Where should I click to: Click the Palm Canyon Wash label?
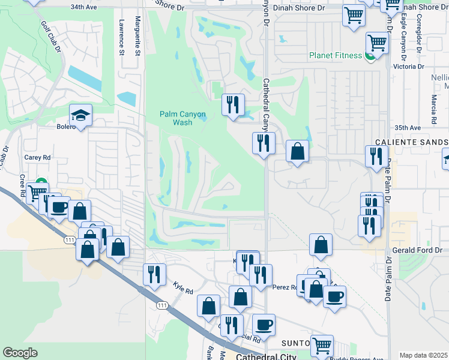[182, 118]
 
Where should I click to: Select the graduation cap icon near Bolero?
[80, 116]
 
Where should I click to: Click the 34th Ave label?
[83, 7]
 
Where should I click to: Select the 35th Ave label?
[408, 128]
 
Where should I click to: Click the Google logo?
[20, 352]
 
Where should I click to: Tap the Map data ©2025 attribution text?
[424, 355]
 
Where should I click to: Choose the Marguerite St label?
[137, 36]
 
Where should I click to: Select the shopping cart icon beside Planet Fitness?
[377, 43]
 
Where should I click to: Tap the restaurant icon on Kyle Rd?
[154, 274]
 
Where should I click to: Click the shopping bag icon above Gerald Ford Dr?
[321, 244]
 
